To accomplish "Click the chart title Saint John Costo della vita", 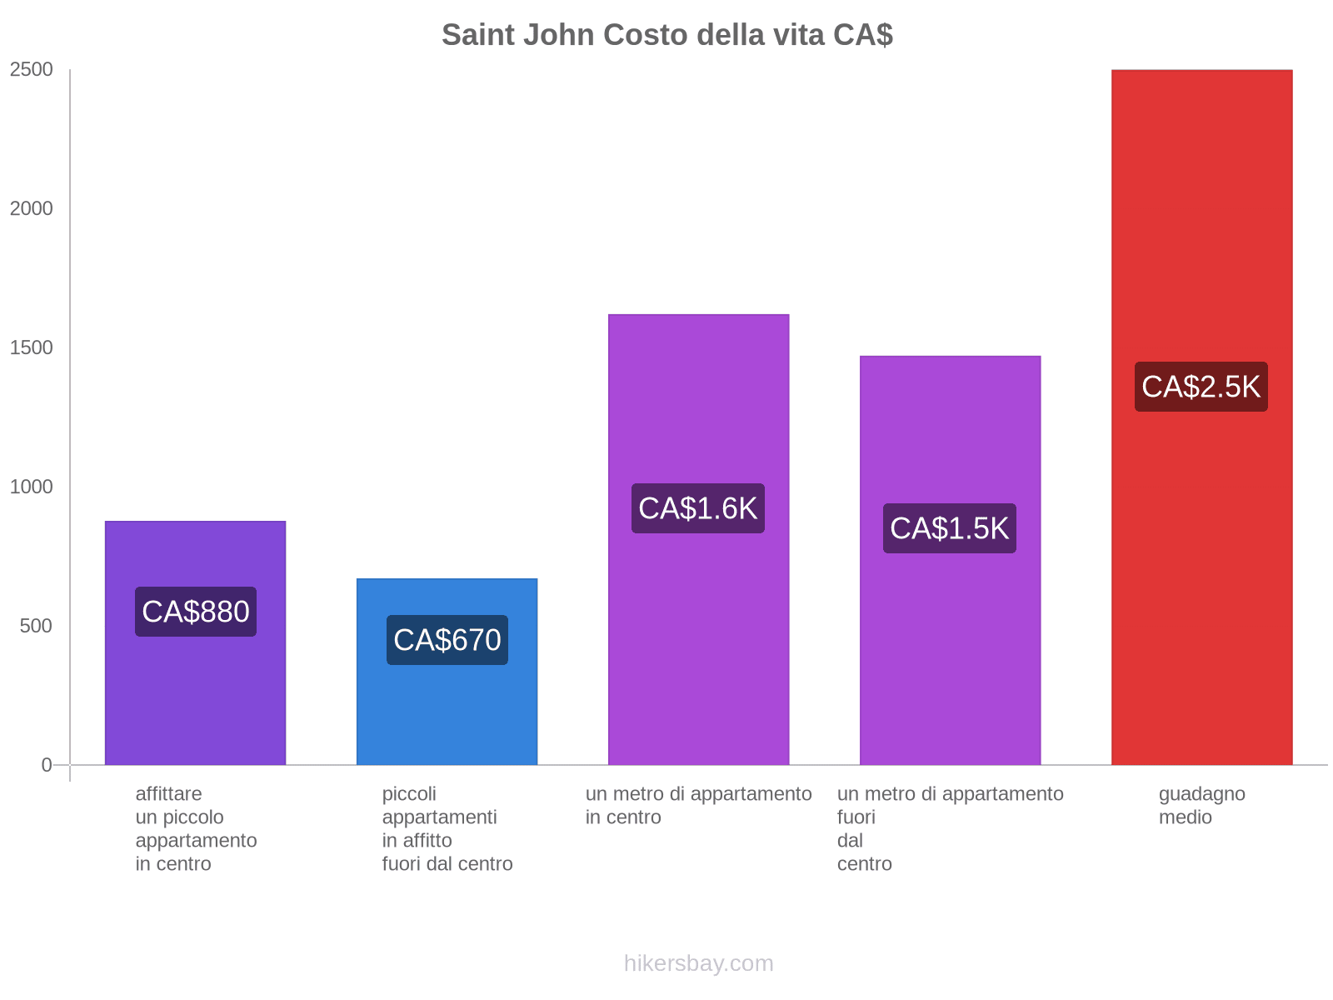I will (x=666, y=35).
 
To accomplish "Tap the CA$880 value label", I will (x=196, y=612).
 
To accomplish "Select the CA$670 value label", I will (x=447, y=640).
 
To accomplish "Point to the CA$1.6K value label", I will (x=698, y=508).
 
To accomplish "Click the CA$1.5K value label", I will (x=950, y=528).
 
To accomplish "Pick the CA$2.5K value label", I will (x=1201, y=387).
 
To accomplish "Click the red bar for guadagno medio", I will (x=1201, y=583).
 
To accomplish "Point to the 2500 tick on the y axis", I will (x=32, y=69).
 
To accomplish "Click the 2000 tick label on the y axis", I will (x=32, y=208).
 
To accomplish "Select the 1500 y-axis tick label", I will (x=32, y=347).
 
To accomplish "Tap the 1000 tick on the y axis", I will (x=32, y=487).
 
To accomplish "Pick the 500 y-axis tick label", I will (x=37, y=626).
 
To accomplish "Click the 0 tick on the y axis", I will (x=47, y=765).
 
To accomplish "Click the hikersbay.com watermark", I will (x=698, y=963).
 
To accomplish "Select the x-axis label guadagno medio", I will (x=1201, y=805).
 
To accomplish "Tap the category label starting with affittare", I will (x=196, y=828).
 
